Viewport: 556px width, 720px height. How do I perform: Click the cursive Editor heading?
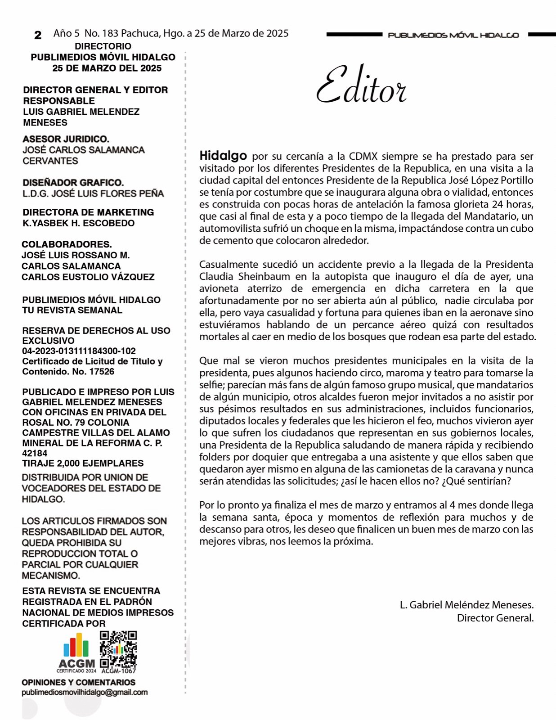tap(361, 85)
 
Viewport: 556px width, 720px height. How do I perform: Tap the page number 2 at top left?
tap(38, 35)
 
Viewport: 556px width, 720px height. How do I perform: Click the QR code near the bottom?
tap(118, 649)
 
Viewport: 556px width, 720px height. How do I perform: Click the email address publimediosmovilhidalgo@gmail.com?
tap(85, 693)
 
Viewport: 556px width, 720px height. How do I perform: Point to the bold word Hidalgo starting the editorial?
tap(223, 156)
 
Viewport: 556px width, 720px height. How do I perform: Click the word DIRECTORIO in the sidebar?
tap(103, 46)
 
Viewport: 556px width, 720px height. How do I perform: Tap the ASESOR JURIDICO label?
tap(66, 139)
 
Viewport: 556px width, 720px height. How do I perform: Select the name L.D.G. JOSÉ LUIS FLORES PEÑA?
tap(93, 193)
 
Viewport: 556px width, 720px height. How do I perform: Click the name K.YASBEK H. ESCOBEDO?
tap(79, 223)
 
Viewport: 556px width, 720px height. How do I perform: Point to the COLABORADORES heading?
tap(67, 244)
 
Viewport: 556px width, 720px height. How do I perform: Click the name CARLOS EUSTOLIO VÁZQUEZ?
tap(88, 277)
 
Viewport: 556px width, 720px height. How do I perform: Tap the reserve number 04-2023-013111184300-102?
tap(79, 351)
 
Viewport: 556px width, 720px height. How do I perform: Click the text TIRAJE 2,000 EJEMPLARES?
tap(83, 463)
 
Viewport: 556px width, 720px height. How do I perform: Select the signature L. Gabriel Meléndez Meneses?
tap(466, 605)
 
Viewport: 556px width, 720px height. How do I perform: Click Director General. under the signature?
tap(495, 618)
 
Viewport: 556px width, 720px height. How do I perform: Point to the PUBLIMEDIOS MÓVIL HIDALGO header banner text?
tap(453, 35)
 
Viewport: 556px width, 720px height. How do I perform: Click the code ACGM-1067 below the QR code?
tap(119, 671)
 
